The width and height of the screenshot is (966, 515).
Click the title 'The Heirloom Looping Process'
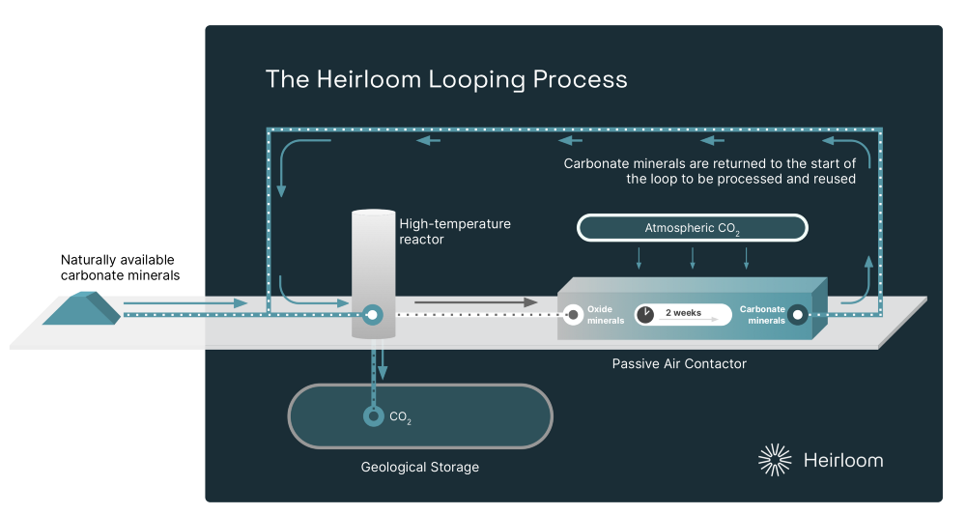[446, 79]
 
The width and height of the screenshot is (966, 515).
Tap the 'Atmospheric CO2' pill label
[692, 228]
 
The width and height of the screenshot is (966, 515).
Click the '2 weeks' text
[683, 313]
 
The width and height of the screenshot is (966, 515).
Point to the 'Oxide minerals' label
[606, 315]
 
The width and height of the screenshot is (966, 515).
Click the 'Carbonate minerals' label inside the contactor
[762, 315]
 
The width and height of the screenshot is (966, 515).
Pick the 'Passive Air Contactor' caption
[679, 364]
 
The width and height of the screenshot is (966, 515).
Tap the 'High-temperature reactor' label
[455, 231]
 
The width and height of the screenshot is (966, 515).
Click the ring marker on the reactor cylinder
[372, 314]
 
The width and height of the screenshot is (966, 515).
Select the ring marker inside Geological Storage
[372, 416]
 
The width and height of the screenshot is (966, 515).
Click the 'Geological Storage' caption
[419, 468]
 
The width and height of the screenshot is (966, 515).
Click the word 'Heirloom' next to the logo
[842, 460]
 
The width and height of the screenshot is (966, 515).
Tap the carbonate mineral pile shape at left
[81, 307]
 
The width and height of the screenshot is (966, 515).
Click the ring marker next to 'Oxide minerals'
[573, 314]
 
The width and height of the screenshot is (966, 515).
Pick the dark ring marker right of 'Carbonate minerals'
[798, 314]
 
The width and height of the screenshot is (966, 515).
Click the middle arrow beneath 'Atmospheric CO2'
[692, 258]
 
